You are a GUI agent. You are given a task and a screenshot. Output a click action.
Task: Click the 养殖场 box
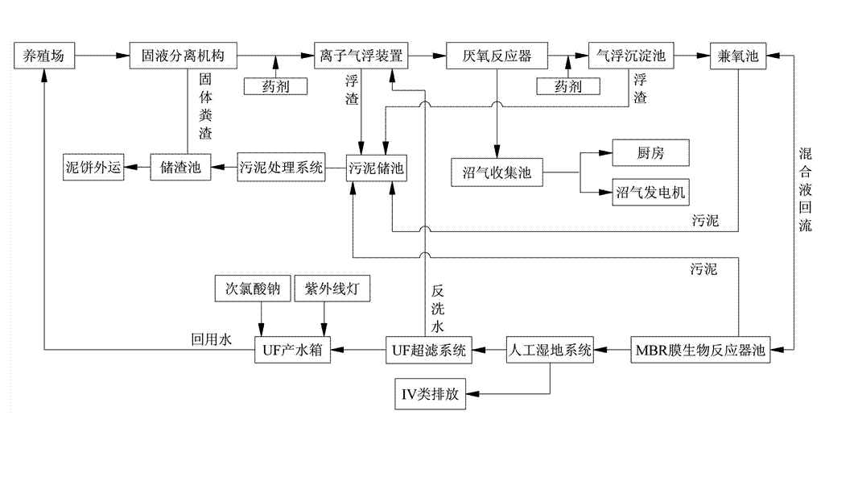click(x=45, y=56)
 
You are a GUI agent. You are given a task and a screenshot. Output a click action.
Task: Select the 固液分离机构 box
click(x=184, y=56)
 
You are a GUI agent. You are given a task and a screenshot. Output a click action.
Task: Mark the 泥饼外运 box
click(x=94, y=168)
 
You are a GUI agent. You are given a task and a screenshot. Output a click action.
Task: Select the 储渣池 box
click(x=180, y=168)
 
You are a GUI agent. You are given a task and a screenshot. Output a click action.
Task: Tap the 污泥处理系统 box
click(x=281, y=168)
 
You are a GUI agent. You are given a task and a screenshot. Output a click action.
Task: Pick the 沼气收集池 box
click(x=497, y=172)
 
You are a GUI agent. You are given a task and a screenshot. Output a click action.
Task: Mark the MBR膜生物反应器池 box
click(x=699, y=350)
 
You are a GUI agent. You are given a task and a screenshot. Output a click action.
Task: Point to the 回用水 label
click(x=211, y=340)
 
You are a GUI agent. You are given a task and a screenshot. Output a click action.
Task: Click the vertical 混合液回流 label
click(x=805, y=189)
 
